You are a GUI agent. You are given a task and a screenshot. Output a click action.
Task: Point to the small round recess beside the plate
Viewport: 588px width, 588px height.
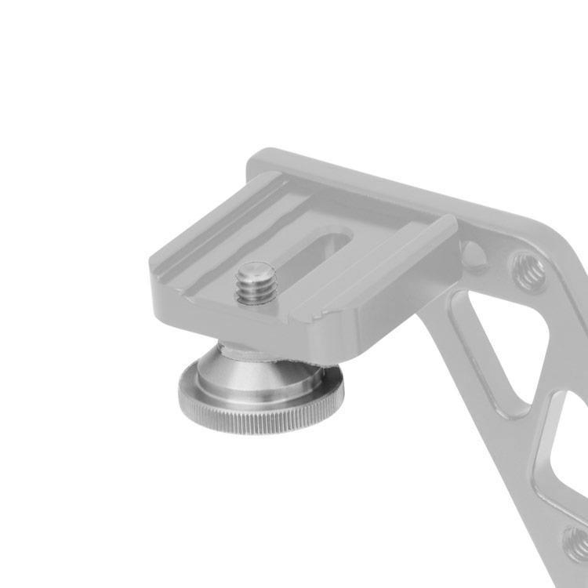pyautogui.click(x=474, y=253)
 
